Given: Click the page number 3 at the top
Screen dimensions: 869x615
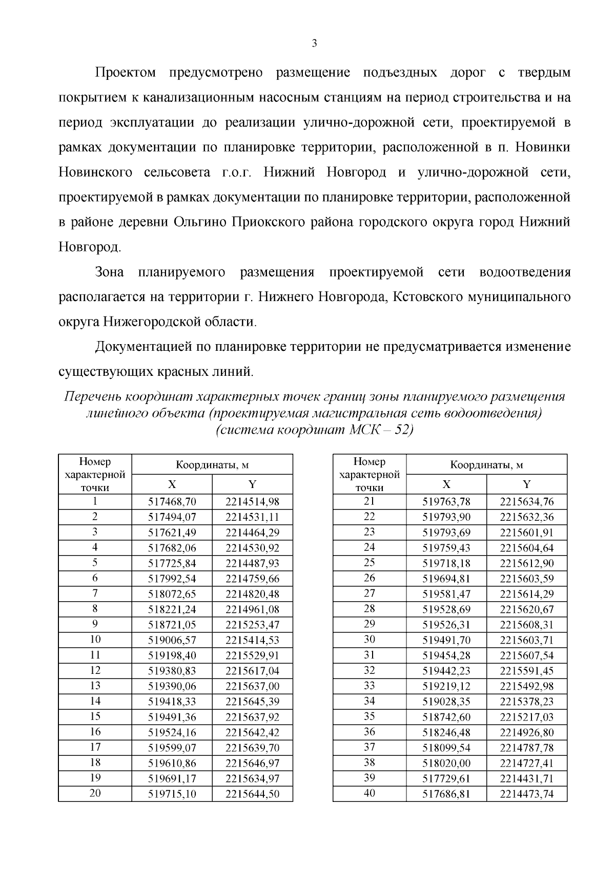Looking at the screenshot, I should pos(314,44).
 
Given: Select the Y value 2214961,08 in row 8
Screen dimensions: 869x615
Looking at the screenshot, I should pos(252,609).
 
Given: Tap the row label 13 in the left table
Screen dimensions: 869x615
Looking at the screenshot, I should pos(95,686).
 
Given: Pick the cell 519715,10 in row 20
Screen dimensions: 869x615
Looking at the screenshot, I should pos(172,794).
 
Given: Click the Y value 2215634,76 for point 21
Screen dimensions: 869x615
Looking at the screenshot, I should pos(526,502).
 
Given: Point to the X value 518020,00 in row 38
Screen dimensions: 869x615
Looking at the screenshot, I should pos(446,763).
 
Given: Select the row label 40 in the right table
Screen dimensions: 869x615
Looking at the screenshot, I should pos(369,793).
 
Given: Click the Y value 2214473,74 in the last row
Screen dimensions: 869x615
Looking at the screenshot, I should pos(526,794).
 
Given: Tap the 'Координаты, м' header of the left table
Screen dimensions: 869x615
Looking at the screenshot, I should pos(212,465).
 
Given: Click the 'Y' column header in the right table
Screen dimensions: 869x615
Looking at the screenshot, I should pos(526,484).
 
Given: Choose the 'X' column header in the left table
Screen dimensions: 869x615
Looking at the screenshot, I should pos(172,484).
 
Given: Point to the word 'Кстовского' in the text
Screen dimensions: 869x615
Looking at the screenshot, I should pos(425,297).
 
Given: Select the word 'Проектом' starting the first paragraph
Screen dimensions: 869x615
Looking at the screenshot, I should pos(126,73).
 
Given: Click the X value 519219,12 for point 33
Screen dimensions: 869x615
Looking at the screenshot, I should pos(446,686).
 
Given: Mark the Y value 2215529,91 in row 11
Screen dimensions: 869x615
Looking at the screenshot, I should pos(252,655).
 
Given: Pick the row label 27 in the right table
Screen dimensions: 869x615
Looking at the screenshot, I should pos(369,594).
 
